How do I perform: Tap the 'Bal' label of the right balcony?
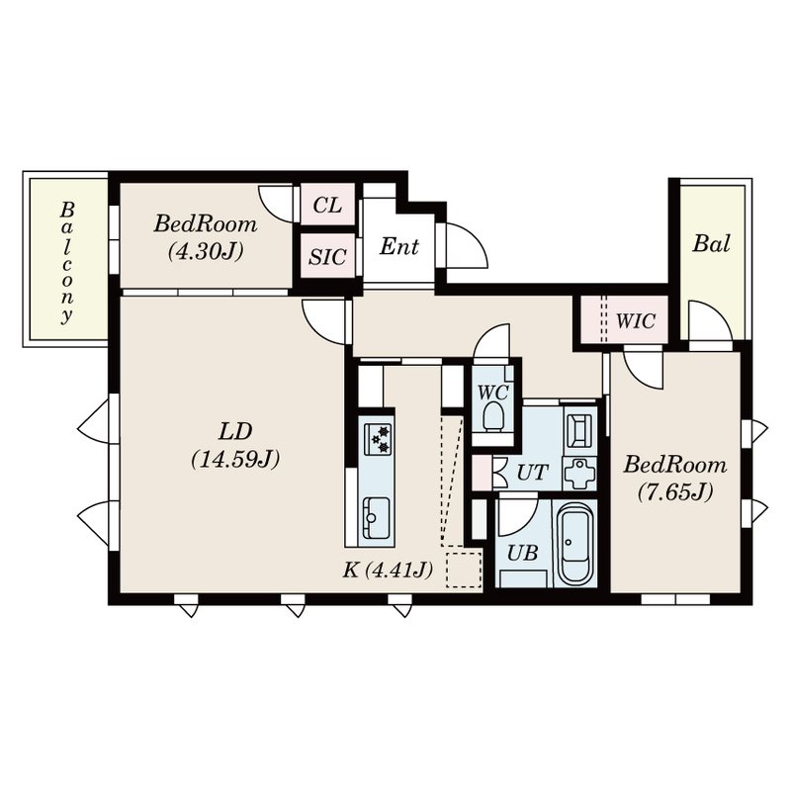click(711, 244)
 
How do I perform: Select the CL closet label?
click(326, 206)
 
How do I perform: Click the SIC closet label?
click(326, 257)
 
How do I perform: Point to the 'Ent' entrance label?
click(399, 247)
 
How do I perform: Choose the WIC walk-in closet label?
click(636, 321)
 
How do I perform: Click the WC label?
click(492, 391)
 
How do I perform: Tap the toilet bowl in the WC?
click(493, 415)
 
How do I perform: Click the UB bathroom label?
click(522, 553)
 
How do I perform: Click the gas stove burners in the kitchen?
click(377, 437)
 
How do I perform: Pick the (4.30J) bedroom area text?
click(205, 251)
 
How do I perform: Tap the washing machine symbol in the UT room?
click(579, 474)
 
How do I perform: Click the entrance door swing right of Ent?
click(465, 247)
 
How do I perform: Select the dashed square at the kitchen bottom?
click(462, 570)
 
